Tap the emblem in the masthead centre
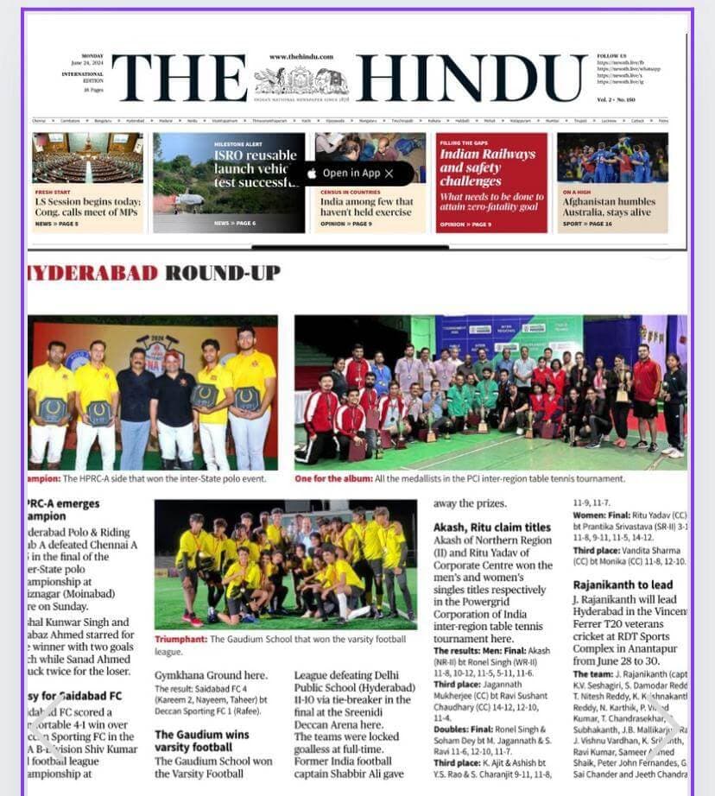click(x=301, y=82)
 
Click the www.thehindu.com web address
click(x=301, y=57)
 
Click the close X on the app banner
click(x=389, y=174)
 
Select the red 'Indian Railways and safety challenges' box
click(x=491, y=182)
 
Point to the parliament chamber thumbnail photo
click(x=87, y=157)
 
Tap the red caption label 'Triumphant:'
click(x=180, y=640)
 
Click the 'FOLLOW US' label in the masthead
click(x=611, y=55)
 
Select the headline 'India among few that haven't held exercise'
click(x=366, y=207)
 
